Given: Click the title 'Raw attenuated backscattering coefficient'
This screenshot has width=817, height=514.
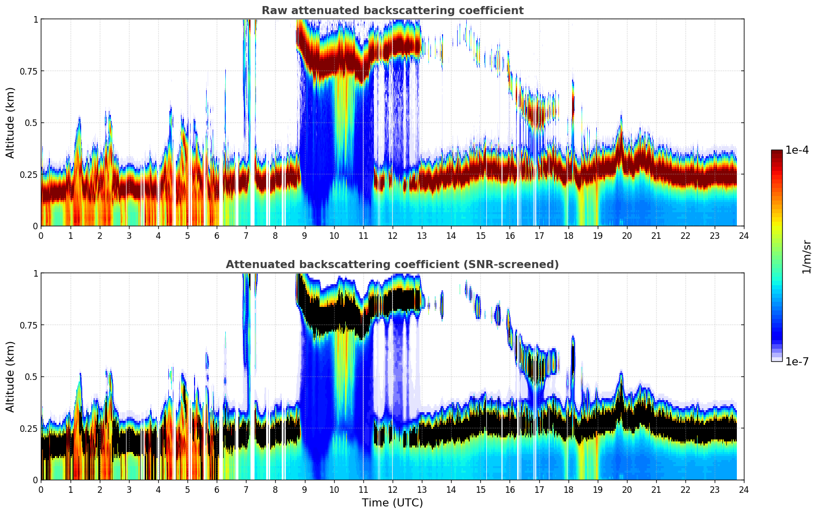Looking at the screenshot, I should [x=392, y=11].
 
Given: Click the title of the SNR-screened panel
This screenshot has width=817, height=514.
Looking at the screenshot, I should [x=392, y=265].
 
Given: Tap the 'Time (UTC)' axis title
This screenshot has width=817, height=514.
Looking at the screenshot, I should [x=392, y=502].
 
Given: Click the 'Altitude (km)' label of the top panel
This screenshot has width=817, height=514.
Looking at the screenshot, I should [x=10, y=122].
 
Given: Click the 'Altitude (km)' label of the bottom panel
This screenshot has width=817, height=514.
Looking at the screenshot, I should [x=10, y=376].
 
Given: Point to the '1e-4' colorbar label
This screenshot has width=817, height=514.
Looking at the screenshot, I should [x=797, y=150].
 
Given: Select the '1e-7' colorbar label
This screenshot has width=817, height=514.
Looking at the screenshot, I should [x=797, y=361].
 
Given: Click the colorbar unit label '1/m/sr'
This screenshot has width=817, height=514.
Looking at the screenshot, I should [x=806, y=257].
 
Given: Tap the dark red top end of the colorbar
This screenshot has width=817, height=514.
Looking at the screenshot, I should [x=776, y=152].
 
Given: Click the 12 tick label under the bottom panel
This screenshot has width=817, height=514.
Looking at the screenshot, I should [x=393, y=489].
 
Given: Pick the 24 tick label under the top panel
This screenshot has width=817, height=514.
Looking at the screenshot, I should [x=744, y=235].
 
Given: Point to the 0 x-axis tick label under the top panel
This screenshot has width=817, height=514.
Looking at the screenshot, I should [x=41, y=235].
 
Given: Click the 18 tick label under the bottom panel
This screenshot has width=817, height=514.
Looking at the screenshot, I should [x=568, y=489].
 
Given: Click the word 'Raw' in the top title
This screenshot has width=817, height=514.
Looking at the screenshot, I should [x=273, y=11].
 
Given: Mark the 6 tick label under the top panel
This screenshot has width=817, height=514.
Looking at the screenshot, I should [x=217, y=235].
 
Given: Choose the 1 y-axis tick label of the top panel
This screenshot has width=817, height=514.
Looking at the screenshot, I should [x=35, y=19].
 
